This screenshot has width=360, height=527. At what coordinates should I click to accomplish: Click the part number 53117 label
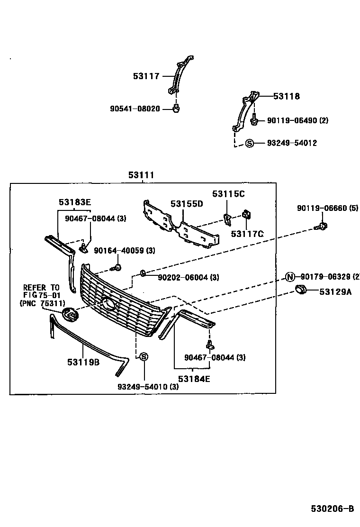point(146,76)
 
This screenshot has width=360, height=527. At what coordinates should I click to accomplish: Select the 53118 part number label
point(286,96)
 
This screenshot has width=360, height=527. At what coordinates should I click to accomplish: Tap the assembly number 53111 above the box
point(141,175)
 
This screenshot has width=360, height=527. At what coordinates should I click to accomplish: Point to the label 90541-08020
point(135,109)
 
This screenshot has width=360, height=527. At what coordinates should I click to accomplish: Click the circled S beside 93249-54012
point(250,143)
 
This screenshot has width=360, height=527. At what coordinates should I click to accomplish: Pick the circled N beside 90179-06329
point(290,277)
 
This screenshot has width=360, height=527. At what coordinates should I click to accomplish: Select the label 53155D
point(187,204)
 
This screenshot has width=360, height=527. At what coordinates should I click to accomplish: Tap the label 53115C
point(228,194)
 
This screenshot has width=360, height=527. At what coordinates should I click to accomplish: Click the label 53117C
point(247,233)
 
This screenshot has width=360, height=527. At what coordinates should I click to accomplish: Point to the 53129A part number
point(335,292)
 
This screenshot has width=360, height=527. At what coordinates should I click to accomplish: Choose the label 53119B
point(83,363)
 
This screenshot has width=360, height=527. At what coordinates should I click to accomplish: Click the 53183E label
point(75,202)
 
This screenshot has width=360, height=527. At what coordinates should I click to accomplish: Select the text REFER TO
point(42,288)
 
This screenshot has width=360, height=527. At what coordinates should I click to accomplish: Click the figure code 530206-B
point(332,509)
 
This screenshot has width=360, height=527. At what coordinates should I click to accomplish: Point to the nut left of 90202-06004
point(143,273)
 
